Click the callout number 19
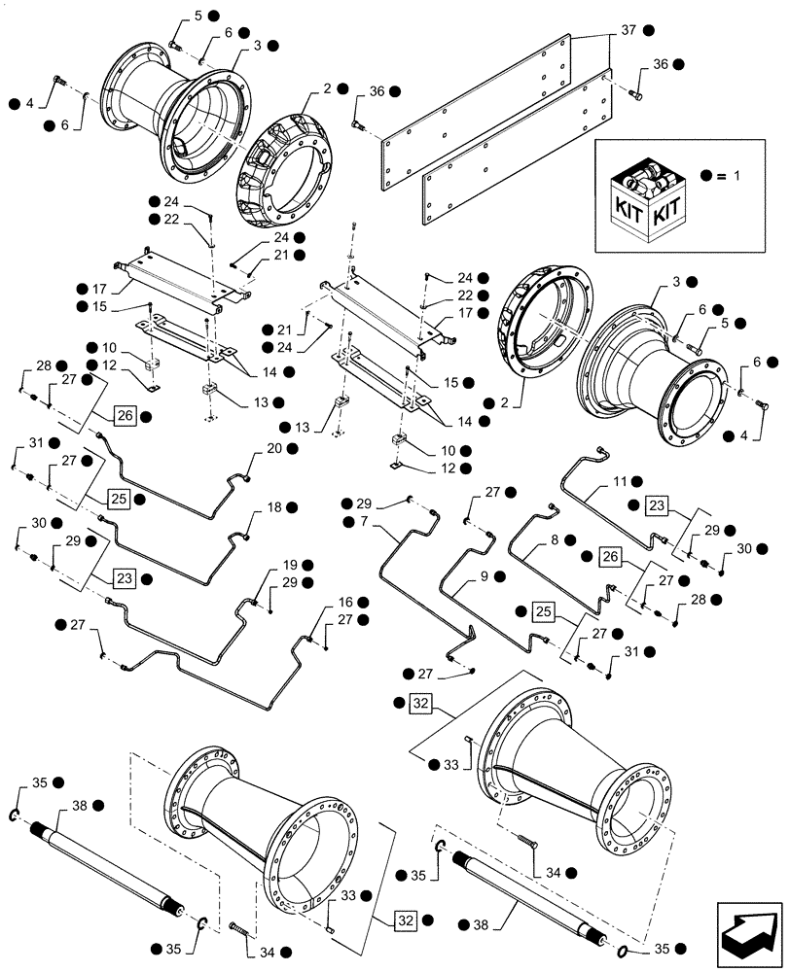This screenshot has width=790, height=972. (289, 565)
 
